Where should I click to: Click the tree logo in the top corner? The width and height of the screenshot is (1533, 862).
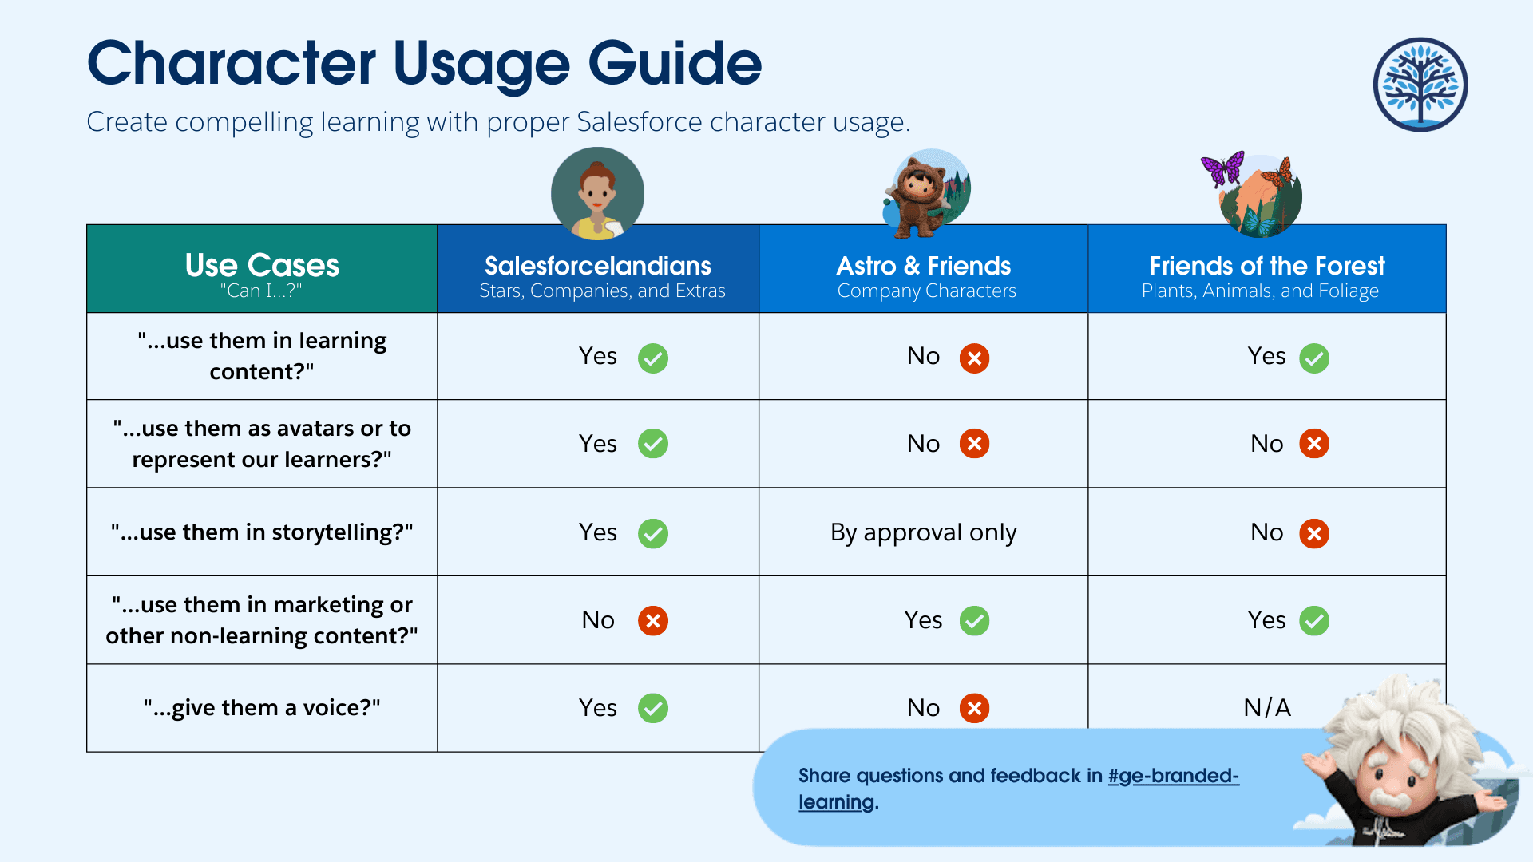1420,85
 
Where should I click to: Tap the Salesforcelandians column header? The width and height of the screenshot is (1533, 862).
598,268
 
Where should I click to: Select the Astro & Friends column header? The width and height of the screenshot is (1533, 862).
924,268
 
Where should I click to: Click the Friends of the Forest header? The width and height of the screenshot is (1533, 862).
1267,268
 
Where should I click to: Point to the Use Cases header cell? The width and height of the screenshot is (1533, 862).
262,268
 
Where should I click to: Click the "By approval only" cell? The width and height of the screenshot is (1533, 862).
924,532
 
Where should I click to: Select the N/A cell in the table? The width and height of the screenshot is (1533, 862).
1267,707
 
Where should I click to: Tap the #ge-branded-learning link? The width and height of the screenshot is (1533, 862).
1018,789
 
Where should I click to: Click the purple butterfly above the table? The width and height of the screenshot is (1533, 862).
1223,168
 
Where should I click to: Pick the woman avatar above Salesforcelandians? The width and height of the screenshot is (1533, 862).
598,194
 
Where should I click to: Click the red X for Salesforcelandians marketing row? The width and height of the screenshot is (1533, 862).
653,620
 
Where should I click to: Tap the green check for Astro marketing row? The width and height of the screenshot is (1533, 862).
974,620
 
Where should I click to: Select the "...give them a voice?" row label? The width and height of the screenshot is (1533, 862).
262,708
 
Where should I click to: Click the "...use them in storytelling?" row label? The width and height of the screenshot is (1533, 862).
262,532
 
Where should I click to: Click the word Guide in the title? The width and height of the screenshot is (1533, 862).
675,63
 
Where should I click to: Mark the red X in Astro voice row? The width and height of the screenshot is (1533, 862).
974,708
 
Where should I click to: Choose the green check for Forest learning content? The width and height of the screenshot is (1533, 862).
1314,358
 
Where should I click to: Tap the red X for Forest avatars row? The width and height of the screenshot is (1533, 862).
1314,444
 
